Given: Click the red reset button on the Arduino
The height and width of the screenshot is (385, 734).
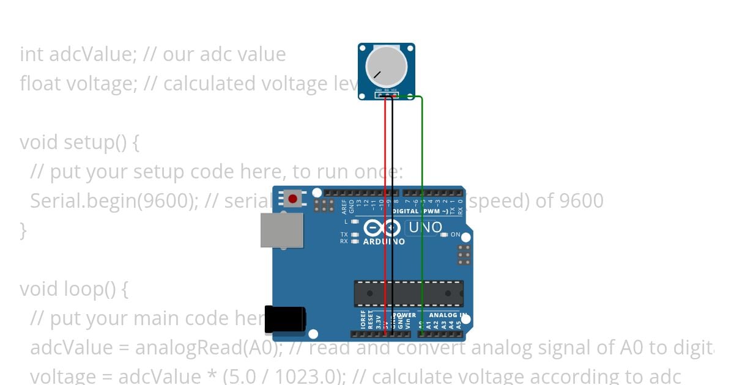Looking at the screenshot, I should pos(293,199).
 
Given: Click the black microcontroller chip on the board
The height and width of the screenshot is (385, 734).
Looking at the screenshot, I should pos(408,293).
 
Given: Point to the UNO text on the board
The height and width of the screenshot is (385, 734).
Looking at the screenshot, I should pos(424,228).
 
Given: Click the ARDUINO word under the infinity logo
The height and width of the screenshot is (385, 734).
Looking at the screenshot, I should pos(384,241).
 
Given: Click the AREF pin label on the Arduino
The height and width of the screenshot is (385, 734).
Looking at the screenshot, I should pos(344,206).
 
